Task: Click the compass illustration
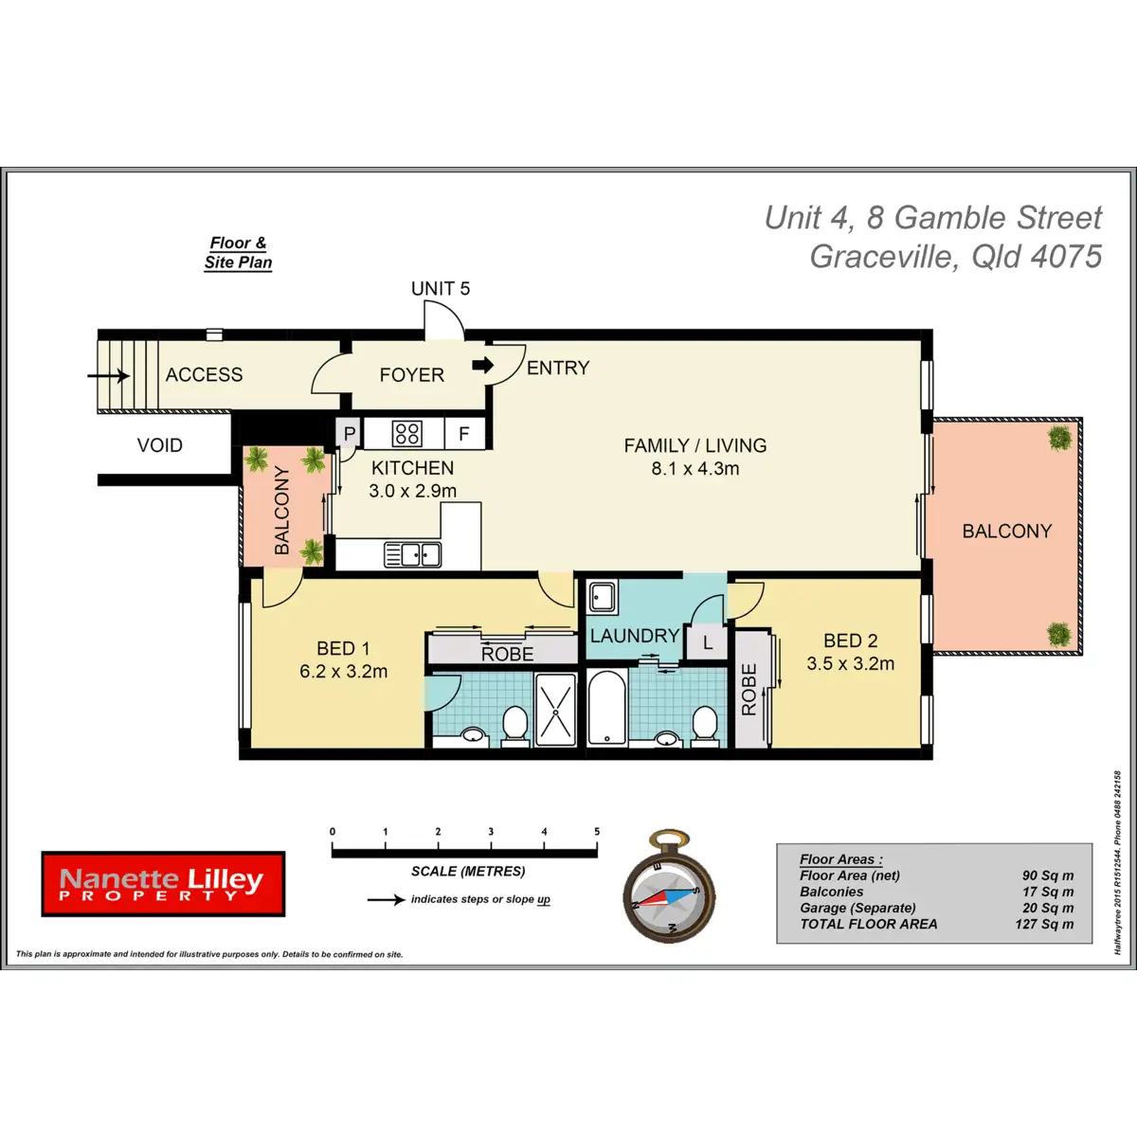click(x=669, y=888)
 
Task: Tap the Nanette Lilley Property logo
click(x=163, y=884)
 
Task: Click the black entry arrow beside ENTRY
click(x=483, y=365)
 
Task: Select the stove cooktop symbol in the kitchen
click(x=406, y=434)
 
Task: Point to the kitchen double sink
click(x=412, y=554)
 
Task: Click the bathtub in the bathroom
click(x=606, y=708)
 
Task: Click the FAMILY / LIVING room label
click(x=695, y=445)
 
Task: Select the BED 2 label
click(x=850, y=641)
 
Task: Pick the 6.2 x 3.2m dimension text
click(x=344, y=672)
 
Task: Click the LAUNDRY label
click(x=634, y=636)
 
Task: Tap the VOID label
click(x=159, y=445)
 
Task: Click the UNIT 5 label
click(x=440, y=289)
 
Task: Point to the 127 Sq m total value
click(x=1044, y=924)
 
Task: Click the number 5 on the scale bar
click(x=597, y=832)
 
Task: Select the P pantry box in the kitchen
click(x=350, y=434)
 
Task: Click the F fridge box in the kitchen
click(x=464, y=434)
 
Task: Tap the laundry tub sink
click(x=602, y=598)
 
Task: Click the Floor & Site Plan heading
click(x=238, y=253)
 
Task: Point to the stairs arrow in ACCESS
click(x=109, y=376)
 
